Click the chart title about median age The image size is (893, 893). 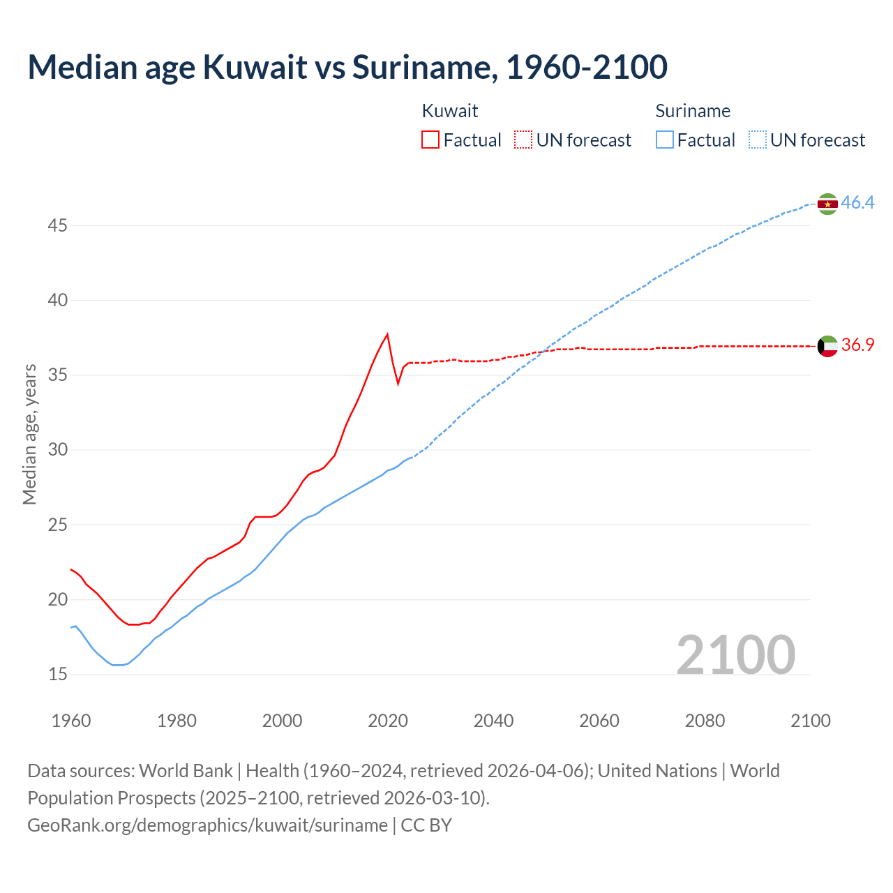coord(347,67)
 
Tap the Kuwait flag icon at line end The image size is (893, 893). coord(827,346)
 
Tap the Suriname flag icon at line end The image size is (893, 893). coord(827,204)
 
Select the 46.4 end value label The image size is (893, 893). coord(857,203)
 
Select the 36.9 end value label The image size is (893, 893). coord(857,345)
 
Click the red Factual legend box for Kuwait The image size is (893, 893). coord(430,140)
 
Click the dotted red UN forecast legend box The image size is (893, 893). coord(523,140)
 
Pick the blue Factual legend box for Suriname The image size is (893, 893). coord(665,140)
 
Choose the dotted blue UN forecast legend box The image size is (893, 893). coord(758,140)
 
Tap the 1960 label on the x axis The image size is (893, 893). coord(71,721)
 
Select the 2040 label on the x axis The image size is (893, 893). coord(493,721)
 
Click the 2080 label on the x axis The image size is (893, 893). coord(705,721)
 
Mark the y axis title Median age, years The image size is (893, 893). coord(29,434)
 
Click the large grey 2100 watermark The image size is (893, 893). coord(735,654)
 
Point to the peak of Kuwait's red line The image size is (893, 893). coord(387,334)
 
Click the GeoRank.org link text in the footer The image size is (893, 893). coord(207,825)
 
